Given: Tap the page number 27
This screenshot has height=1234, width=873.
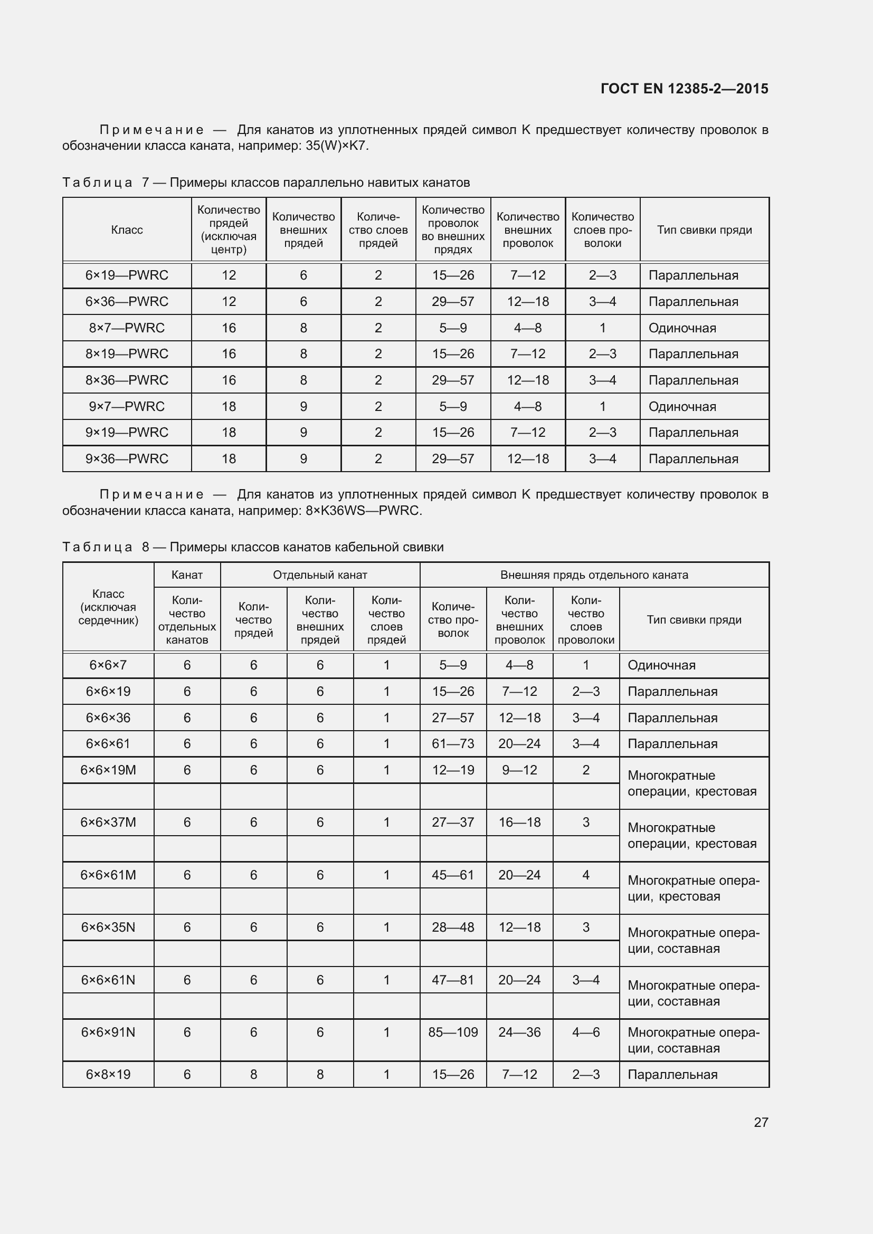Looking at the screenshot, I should coord(761,1122).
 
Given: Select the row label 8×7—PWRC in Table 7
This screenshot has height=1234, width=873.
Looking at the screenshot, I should coord(127,328).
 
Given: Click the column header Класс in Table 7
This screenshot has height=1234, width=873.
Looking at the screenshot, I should coord(127,230).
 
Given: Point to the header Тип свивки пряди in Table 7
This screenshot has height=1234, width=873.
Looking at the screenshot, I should coord(704,230).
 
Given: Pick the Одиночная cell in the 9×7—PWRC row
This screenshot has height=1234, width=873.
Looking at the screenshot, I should coord(682,407).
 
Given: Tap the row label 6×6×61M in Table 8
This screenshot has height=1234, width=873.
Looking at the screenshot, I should coord(108,875).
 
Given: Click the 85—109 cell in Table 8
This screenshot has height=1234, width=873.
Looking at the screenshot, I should coord(453,1032).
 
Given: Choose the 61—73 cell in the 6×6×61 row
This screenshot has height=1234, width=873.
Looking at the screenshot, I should coord(453,744).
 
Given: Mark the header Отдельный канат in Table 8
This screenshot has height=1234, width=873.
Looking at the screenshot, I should coord(320,575).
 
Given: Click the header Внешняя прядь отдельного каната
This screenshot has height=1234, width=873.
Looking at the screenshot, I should coord(594,575).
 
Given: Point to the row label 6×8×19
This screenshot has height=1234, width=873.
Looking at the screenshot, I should coord(108,1074).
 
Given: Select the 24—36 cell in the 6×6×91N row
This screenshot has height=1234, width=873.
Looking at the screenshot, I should coord(519,1032).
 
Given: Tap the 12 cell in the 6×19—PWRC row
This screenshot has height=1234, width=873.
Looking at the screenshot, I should coord(229,275).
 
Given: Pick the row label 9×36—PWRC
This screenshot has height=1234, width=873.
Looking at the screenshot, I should coord(127,459).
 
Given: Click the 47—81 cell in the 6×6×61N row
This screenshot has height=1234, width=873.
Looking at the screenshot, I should coord(453,980).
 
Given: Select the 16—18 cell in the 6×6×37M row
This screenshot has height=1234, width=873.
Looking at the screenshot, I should coord(519,822).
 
